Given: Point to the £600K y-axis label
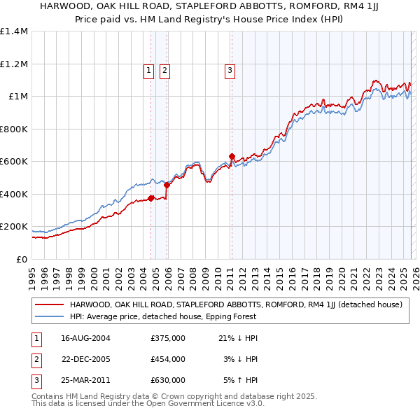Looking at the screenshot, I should coord(14,162).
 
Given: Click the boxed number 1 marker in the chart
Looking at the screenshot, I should coord(149,69).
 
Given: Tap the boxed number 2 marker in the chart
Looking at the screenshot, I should coord(164,69).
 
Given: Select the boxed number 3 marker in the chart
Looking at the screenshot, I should coord(230,69).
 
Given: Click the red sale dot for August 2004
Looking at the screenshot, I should coord(150,199).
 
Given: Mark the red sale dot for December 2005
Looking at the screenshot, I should coord(167,185).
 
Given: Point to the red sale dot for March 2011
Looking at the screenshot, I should coord(232,157).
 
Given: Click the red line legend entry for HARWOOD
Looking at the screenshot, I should coord(235,304).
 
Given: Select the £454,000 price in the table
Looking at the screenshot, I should coord(168,359).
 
